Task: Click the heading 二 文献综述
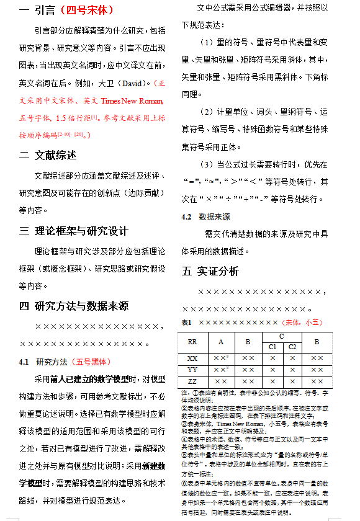(x=48, y=155)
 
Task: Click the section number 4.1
(x=25, y=362)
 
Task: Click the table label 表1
(x=187, y=323)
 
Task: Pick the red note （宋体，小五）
(x=302, y=323)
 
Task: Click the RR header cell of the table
(x=192, y=342)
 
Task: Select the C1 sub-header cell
(x=272, y=347)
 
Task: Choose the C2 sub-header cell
(x=292, y=347)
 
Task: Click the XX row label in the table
(x=192, y=358)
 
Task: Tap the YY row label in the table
(x=192, y=370)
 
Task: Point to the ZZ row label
(x=192, y=381)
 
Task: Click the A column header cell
(x=220, y=342)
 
